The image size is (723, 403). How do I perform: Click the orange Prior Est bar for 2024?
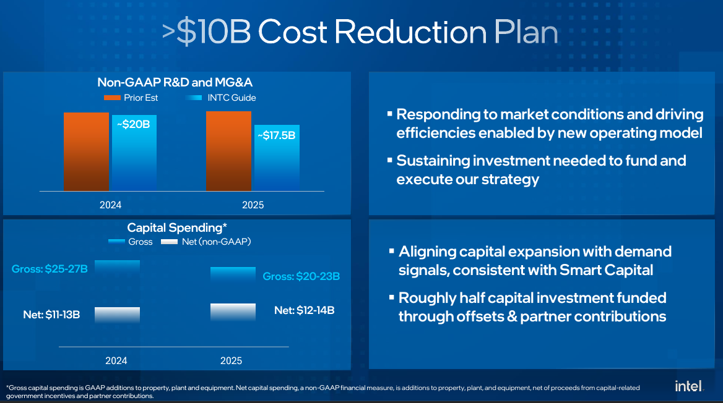86,151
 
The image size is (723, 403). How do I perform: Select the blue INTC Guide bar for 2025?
277,158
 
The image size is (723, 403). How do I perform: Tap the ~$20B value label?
133,124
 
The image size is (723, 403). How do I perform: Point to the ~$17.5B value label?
277,135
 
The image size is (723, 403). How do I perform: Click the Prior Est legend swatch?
112,98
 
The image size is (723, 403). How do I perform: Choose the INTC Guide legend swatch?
194,98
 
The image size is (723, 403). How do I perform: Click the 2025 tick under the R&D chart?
253,205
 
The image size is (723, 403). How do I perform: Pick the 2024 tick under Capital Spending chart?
116,360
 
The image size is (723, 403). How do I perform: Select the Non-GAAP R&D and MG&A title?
175,82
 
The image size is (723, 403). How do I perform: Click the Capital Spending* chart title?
177,227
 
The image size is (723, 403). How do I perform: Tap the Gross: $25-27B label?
50,269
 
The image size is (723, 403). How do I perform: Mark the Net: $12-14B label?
305,310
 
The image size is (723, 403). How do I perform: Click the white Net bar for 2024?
117,315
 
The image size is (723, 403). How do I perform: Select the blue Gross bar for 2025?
233,274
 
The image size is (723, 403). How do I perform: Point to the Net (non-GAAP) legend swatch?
169,242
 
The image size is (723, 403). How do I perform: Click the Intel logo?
689,386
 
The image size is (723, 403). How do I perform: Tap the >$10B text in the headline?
207,32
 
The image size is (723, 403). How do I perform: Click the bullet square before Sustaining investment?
389,160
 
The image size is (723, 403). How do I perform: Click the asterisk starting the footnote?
7,387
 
